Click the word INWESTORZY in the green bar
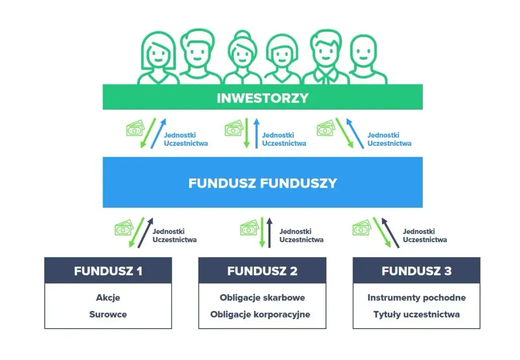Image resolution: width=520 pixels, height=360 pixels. [x=262, y=98]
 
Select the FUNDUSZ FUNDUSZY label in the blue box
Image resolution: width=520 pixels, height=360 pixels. [x=262, y=183]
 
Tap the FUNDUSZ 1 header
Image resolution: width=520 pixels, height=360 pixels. [x=108, y=271]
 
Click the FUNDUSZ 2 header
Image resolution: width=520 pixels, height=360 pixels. [x=262, y=271]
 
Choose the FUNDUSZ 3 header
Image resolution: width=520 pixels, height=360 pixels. [x=416, y=271]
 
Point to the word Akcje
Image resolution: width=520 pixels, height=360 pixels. [x=108, y=297]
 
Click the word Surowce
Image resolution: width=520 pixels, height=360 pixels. [x=108, y=314]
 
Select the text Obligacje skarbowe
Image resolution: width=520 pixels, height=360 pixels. [x=262, y=297]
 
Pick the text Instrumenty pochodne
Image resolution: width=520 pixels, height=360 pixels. [x=416, y=297]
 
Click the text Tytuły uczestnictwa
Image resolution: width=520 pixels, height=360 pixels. [x=416, y=314]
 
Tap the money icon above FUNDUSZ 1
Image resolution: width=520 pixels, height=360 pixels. [x=124, y=228]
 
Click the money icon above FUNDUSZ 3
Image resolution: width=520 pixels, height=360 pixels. [x=362, y=228]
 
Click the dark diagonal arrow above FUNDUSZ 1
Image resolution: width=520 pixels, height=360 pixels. [x=146, y=233]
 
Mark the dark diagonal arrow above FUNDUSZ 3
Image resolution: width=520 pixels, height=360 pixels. [x=390, y=233]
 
